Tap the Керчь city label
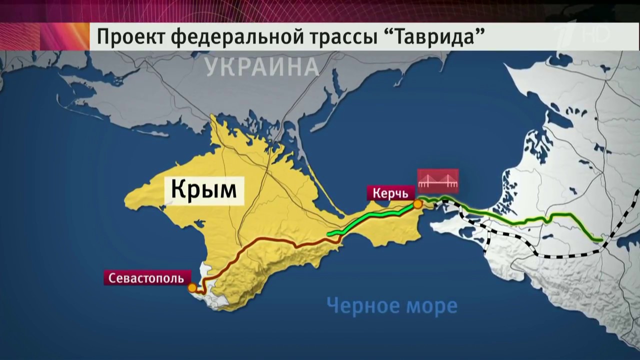point(387,193)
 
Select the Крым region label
point(204,190)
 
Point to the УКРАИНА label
point(261,66)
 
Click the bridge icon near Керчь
point(438,181)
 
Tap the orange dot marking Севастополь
point(192,288)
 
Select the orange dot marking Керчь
point(417,203)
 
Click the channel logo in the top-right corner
point(600,35)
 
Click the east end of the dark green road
point(599,240)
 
